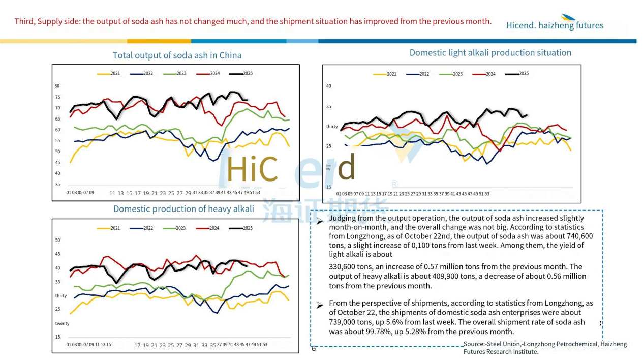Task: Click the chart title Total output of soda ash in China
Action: click(177, 55)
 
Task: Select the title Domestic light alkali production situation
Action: click(490, 53)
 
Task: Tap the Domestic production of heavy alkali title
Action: click(183, 209)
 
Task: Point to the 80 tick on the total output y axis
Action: click(57, 86)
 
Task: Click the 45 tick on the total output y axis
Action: click(57, 163)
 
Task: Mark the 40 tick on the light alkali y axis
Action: click(328, 86)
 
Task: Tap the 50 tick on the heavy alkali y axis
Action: click(57, 240)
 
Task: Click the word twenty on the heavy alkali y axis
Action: click(62, 323)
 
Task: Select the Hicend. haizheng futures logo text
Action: click(555, 25)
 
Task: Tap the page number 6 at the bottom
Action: click(314, 349)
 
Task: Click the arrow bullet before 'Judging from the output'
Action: click(319, 221)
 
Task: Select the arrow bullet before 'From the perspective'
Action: click(319, 305)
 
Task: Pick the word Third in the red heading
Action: click(24, 21)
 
